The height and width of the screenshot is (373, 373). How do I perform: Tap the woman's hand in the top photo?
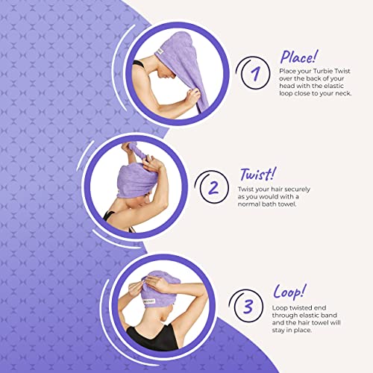click(192, 95)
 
